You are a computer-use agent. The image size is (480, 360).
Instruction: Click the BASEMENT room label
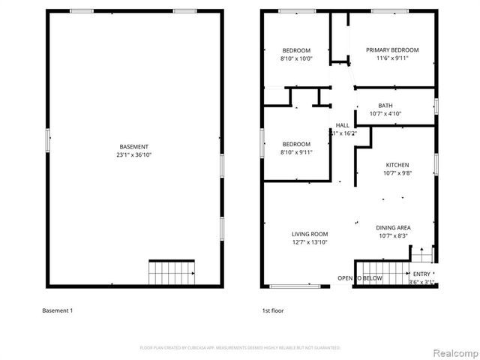[134, 146]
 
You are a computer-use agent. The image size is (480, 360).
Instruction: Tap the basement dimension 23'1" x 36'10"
[134, 154]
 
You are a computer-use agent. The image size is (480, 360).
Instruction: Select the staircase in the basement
[172, 272]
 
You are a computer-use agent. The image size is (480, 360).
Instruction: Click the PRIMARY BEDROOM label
[392, 50]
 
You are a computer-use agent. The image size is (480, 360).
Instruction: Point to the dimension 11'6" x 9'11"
[392, 58]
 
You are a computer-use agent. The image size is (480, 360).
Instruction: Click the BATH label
[385, 106]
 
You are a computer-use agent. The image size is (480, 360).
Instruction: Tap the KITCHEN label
[397, 165]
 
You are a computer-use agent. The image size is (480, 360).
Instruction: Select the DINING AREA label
[393, 228]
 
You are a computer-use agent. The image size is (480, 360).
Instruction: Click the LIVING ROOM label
[310, 234]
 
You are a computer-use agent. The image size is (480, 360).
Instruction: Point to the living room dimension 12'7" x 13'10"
[310, 242]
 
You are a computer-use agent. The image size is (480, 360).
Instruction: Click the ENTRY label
[422, 274]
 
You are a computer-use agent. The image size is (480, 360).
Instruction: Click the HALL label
[343, 125]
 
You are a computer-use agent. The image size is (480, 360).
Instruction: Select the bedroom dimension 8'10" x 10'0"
[296, 58]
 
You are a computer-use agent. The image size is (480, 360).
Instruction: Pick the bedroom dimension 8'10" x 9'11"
[296, 152]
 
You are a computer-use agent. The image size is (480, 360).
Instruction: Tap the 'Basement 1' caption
[58, 310]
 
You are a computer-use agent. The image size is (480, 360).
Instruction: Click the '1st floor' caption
[273, 310]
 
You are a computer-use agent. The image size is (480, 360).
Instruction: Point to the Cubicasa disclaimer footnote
[240, 347]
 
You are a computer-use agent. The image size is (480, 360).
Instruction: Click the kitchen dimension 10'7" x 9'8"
[397, 173]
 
